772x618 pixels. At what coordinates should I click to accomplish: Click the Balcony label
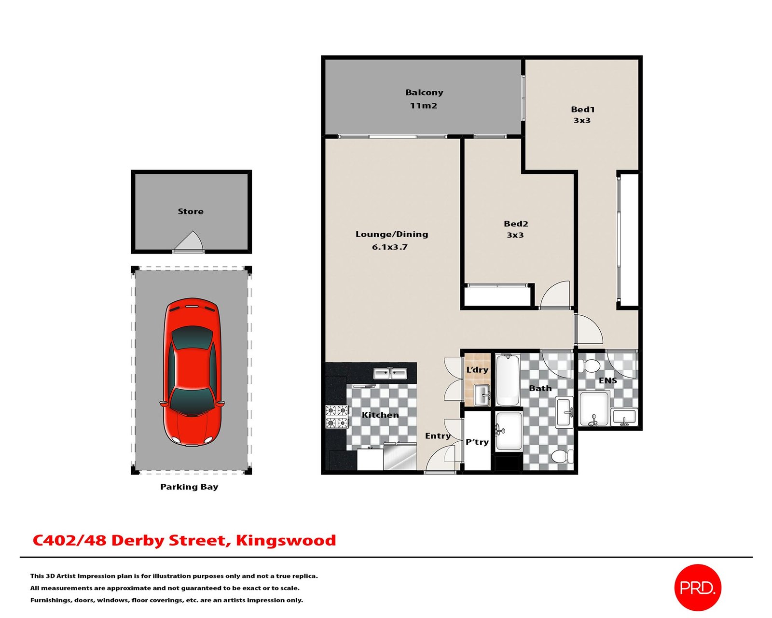click(x=424, y=93)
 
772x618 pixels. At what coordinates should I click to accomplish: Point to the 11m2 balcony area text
click(x=423, y=106)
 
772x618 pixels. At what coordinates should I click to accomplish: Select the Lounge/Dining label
click(x=392, y=235)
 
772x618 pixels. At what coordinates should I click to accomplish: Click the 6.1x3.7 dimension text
click(x=389, y=247)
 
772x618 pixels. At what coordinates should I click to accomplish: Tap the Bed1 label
click(x=582, y=109)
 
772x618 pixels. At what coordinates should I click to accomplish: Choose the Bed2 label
click(x=515, y=224)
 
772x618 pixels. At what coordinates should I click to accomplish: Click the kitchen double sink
click(x=389, y=373)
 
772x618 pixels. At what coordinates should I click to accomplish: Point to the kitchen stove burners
click(x=337, y=416)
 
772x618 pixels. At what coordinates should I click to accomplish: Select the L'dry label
click(x=477, y=369)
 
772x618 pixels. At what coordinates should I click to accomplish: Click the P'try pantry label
click(x=477, y=442)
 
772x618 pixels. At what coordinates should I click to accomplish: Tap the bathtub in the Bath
click(x=508, y=380)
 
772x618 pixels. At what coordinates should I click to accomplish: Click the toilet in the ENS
click(x=589, y=366)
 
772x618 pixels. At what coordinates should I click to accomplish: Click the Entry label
click(x=438, y=436)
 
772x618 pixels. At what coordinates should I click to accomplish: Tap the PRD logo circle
click(x=697, y=588)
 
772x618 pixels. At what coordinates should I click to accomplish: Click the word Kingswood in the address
click(x=286, y=540)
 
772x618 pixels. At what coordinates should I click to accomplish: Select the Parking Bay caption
click(x=189, y=487)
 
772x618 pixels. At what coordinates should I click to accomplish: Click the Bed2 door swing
click(x=554, y=295)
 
